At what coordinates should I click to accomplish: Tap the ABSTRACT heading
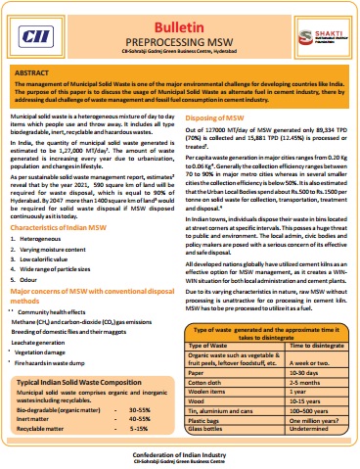tap(39, 72)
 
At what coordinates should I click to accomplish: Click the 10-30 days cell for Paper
tap(299, 372)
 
